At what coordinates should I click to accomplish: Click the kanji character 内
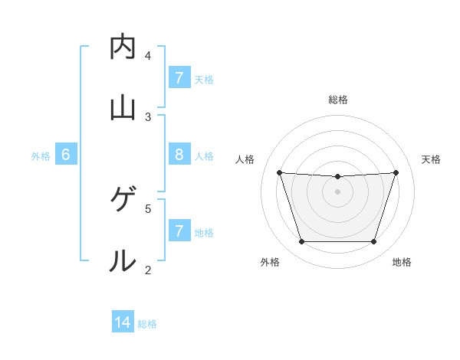pos(123,47)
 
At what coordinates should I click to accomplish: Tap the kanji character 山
pos(123,108)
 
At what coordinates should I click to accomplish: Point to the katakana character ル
pos(123,260)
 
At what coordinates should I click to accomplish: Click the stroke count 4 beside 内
pos(148,55)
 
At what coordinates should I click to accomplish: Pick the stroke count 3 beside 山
pos(148,116)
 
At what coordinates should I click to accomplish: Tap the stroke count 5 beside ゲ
pos(148,208)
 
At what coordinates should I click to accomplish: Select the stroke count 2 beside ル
pos(148,269)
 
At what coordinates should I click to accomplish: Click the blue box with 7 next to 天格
pos(179,78)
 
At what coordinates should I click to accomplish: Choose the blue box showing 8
pos(179,155)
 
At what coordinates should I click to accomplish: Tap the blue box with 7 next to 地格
pos(179,231)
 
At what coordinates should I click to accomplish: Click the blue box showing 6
pos(66,155)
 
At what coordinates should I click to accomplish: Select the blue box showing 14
pos(123,322)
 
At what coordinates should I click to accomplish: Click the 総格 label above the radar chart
pos(338,100)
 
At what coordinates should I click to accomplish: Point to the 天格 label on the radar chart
pos(431,159)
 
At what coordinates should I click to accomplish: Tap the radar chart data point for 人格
pos(280,173)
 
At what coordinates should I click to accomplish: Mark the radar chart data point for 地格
pos(374,242)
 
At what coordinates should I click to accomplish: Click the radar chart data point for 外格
pos(301,242)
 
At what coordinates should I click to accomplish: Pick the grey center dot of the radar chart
pos(337,191)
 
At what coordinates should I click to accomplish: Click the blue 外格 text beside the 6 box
pos(41,156)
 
